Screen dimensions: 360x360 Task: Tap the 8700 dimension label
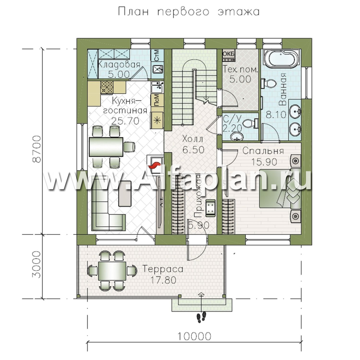(x=37, y=149)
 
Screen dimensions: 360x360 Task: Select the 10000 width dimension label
(x=194, y=337)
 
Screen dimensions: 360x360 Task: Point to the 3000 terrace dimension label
(x=37, y=264)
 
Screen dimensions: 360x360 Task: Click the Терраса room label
(x=163, y=269)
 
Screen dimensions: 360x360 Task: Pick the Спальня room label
(x=263, y=151)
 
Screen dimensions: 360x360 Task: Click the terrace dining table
(x=112, y=271)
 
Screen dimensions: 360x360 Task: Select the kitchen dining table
(x=106, y=147)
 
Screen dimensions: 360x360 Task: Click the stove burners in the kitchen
(x=107, y=87)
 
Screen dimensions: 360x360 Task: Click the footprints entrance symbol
(x=201, y=317)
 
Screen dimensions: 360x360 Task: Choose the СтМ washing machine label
(x=157, y=56)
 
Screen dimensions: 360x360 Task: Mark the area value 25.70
(x=125, y=121)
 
